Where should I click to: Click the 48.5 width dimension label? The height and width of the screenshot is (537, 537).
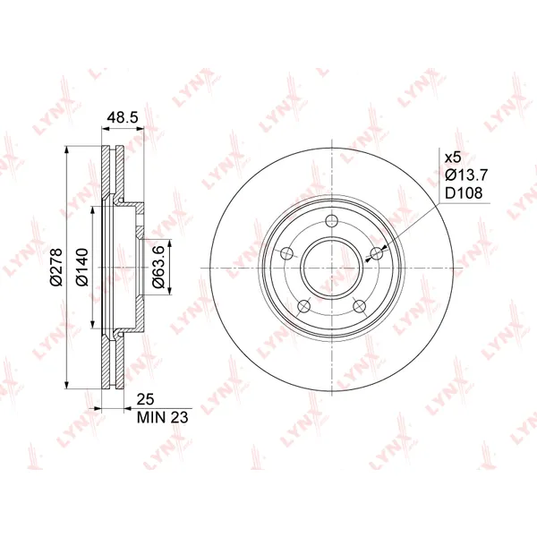pyautogui.click(x=123, y=117)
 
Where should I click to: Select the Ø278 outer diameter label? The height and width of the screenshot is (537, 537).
pyautogui.click(x=55, y=267)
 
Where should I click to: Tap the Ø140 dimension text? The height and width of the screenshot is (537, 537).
pyautogui.click(x=82, y=267)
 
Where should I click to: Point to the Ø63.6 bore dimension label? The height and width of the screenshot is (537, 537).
pyautogui.click(x=158, y=267)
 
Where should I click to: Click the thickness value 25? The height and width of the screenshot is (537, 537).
pyautogui.click(x=146, y=399)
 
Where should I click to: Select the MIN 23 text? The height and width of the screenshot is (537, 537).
pyautogui.click(x=162, y=417)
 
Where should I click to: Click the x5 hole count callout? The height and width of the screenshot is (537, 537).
pyautogui.click(x=453, y=158)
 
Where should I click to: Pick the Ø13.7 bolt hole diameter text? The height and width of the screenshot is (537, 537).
pyautogui.click(x=465, y=175)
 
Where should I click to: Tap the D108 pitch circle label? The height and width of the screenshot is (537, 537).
pyautogui.click(x=464, y=193)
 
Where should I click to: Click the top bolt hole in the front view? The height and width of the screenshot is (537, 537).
pyautogui.click(x=332, y=221)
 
